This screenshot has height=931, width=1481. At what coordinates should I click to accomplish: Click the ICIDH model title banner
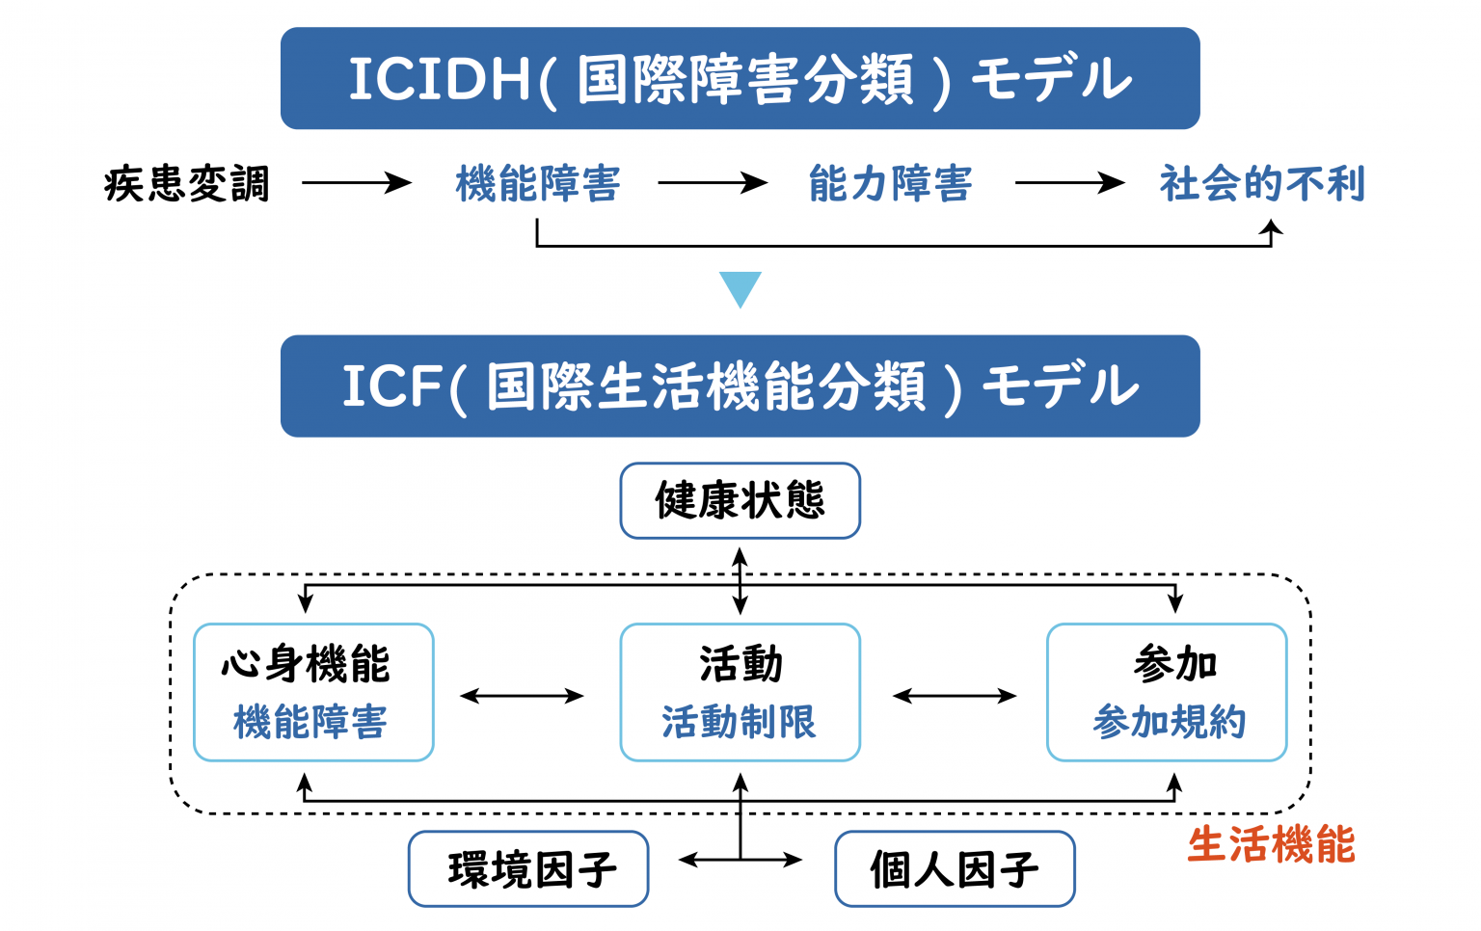(x=740, y=78)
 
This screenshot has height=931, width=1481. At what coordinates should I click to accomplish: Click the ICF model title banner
(x=740, y=386)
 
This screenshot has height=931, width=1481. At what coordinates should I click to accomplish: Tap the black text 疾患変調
(x=187, y=183)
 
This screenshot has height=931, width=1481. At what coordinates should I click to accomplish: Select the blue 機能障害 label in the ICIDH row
(x=538, y=183)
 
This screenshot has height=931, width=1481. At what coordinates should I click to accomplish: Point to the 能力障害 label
(x=890, y=183)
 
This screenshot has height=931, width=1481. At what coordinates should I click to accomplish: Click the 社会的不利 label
(x=1262, y=183)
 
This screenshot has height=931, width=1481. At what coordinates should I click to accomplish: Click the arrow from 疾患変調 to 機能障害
(x=356, y=182)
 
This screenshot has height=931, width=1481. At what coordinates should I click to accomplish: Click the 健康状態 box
(x=740, y=500)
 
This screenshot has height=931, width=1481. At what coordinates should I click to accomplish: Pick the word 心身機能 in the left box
(x=306, y=664)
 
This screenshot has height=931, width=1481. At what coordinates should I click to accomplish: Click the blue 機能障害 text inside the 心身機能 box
(x=310, y=722)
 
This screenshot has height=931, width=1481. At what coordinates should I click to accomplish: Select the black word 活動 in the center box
(x=740, y=664)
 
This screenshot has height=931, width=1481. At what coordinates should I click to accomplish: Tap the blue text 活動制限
(x=739, y=722)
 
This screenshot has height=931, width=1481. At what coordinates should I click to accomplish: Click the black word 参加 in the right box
(x=1174, y=664)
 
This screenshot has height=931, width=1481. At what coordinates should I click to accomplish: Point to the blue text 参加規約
(x=1169, y=722)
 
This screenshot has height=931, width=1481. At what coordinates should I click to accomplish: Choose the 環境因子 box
(x=528, y=869)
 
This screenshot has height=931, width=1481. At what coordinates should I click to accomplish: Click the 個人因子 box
(x=955, y=869)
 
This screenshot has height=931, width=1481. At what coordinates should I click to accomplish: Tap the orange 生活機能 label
(x=1271, y=845)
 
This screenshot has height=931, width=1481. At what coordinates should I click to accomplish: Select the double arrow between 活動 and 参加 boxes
(x=954, y=696)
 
